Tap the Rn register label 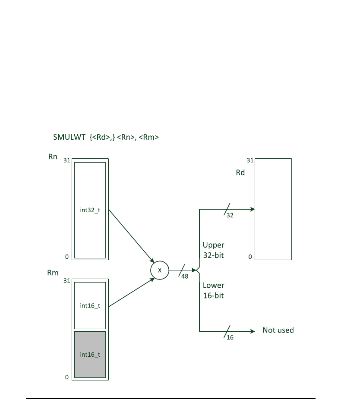tap(53, 157)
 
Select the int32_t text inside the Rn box tap(90, 211)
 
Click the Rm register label tap(53, 273)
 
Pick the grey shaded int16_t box tap(90, 355)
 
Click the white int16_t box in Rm tap(90, 305)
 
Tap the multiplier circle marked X tap(159, 270)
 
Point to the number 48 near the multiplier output tap(185, 276)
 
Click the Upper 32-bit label tap(214, 250)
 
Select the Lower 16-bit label tap(214, 290)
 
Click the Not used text tap(278, 330)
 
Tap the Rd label tap(240, 173)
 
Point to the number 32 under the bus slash tap(230, 215)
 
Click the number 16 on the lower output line tap(230, 337)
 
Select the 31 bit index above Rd tap(249, 160)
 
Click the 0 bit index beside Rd tap(250, 257)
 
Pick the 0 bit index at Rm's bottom tap(67, 377)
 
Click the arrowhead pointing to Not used tap(253, 331)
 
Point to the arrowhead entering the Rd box tap(252, 209)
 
